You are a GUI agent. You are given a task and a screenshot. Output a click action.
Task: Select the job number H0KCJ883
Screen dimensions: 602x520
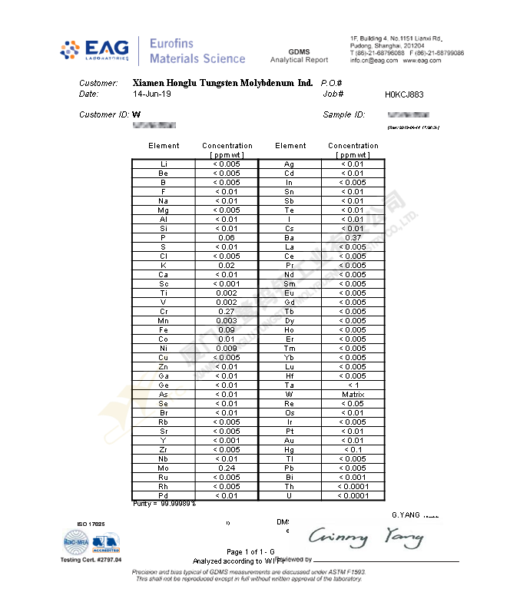[404, 94]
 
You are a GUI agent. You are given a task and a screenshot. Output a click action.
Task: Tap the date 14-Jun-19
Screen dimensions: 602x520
[152, 94]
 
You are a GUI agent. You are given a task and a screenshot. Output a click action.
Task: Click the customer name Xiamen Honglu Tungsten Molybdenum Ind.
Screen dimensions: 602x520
[223, 82]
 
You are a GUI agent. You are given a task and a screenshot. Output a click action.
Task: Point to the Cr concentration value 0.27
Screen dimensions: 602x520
[227, 312]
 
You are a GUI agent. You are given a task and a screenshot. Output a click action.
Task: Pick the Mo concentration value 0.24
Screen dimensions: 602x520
[227, 468]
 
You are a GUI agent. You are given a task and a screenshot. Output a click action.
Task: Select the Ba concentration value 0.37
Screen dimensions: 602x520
[353, 238]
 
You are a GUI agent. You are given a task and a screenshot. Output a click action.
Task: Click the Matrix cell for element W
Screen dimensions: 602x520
[353, 395]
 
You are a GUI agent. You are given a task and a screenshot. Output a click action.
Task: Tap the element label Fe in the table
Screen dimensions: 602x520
[164, 330]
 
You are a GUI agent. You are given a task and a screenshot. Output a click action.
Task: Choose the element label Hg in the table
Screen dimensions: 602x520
[290, 450]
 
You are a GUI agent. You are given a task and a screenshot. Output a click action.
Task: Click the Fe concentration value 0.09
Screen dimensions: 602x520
[227, 330]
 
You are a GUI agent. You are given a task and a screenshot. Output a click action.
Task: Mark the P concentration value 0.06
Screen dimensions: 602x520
[227, 238]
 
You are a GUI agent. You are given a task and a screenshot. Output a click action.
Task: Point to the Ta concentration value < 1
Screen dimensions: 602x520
[353, 385]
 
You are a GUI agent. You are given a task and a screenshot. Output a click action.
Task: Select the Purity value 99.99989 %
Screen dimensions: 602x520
[177, 504]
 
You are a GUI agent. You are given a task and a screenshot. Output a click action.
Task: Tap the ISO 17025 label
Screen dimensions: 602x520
[90, 524]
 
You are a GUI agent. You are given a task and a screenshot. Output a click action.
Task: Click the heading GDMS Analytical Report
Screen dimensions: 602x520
[299, 55]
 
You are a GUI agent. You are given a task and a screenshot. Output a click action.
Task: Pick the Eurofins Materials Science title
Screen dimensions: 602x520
[197, 51]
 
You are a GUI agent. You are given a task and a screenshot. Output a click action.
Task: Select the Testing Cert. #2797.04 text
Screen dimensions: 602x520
[91, 560]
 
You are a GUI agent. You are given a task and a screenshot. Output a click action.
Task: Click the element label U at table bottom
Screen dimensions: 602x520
[290, 496]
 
